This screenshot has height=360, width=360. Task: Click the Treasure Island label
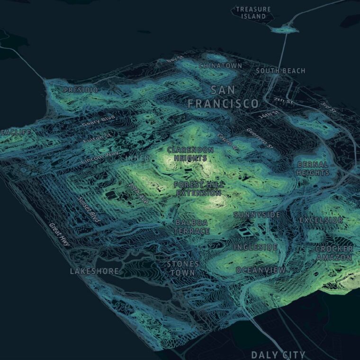253,12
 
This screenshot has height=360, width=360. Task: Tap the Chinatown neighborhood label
220,65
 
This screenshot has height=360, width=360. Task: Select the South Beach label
280,71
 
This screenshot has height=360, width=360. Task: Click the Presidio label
81,90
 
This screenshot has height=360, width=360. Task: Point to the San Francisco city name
223,97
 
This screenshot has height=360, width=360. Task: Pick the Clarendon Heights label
190,153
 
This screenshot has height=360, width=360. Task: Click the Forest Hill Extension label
199,189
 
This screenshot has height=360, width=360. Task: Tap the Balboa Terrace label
192,226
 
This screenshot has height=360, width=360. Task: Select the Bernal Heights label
313,169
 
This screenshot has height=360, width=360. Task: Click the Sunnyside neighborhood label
256,215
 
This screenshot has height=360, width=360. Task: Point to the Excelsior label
321,220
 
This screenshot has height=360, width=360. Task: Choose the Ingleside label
255,247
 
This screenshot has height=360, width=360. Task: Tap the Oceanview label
261,270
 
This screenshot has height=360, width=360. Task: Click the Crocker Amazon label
334,253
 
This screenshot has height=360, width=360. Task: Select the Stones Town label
182,268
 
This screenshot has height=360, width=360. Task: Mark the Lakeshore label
95,271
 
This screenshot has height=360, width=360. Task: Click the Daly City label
278,354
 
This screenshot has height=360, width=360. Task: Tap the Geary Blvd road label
99,120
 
